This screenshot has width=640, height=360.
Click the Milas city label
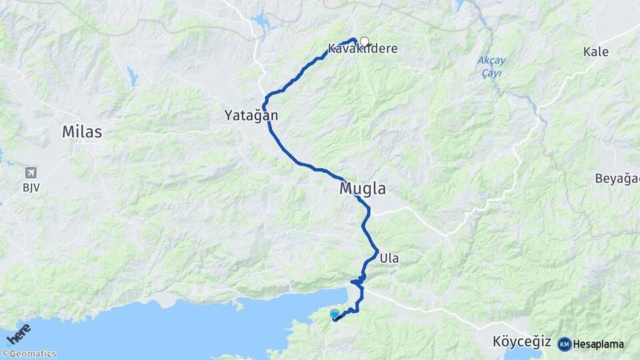pyautogui.click(x=82, y=131)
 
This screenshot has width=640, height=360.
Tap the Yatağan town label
pyautogui.click(x=251, y=116)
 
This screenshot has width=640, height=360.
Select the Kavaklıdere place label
pyautogui.click(x=362, y=49)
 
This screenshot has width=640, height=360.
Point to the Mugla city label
pyautogui.click(x=363, y=189)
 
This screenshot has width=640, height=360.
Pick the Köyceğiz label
pyautogui.click(x=521, y=342)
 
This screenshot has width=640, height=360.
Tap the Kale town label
pyautogui.click(x=595, y=51)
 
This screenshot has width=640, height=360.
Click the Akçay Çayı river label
pyautogui.click(x=491, y=66)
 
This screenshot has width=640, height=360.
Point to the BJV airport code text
pyautogui.click(x=31, y=187)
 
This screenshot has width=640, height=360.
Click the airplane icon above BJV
pyautogui.click(x=31, y=173)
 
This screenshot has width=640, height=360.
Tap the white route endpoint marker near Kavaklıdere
pyautogui.click(x=364, y=41)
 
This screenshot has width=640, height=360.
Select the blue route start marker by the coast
pyautogui.click(x=334, y=314)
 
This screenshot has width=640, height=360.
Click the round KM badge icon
pyautogui.click(x=564, y=344)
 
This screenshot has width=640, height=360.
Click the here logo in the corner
pyautogui.click(x=18, y=334)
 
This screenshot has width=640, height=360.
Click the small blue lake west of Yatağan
pyautogui.click(x=133, y=77)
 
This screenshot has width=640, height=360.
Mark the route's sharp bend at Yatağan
pyautogui.click(x=265, y=105)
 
